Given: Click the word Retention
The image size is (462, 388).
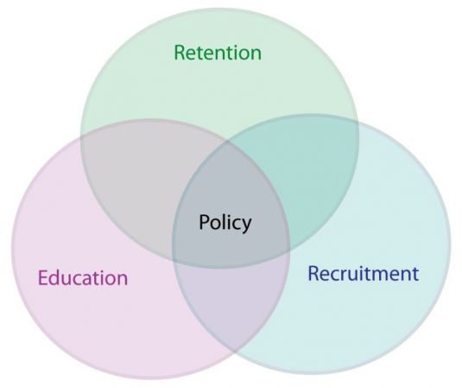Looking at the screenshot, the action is point(218,53).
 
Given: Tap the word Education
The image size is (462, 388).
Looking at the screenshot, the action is point(83,277).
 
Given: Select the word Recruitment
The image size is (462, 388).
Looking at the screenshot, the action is point(363,273).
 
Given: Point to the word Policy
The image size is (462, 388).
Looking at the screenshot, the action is point(225,223).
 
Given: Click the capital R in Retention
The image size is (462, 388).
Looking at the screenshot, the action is point(180,53).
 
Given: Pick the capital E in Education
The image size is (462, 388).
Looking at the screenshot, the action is point(43,277).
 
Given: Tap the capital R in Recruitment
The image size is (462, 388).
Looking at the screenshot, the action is point(313,273).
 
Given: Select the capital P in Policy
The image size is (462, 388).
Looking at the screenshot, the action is point(205,222).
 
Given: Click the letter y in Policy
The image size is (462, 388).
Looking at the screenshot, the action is point(246,226).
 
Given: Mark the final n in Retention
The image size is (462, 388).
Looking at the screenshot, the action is point(256,54).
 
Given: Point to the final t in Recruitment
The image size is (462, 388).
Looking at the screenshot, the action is point(415,275).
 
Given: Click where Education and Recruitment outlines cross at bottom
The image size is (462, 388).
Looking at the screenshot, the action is point(235,351).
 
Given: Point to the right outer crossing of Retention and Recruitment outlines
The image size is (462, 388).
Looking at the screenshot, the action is point(358,123).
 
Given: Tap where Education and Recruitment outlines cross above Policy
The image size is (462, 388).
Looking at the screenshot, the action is point(227,142).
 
